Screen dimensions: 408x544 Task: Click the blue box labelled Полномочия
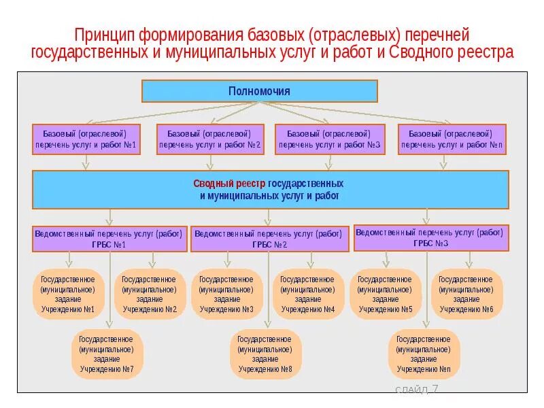259,91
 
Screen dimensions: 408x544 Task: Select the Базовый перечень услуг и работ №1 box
86,139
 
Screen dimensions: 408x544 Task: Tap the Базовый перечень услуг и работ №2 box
210,139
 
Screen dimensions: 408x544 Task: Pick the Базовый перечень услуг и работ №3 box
330,139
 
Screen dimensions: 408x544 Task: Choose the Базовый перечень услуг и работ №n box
452,139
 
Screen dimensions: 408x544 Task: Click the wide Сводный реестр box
271,189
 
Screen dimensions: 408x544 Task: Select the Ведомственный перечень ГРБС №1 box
109,239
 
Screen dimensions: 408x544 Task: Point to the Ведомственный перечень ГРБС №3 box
429,238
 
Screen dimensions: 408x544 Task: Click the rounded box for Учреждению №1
68,294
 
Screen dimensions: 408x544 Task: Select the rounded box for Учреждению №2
150,294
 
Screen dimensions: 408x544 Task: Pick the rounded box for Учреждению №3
227,294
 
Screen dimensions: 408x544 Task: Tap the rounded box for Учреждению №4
308,294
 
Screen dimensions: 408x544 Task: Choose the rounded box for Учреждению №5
386,294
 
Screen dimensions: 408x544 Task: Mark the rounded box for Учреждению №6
466,294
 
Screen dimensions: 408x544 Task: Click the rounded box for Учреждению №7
107,354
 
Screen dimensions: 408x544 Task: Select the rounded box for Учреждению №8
266,354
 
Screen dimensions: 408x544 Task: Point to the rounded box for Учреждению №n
424,354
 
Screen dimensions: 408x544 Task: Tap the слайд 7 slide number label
417,390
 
